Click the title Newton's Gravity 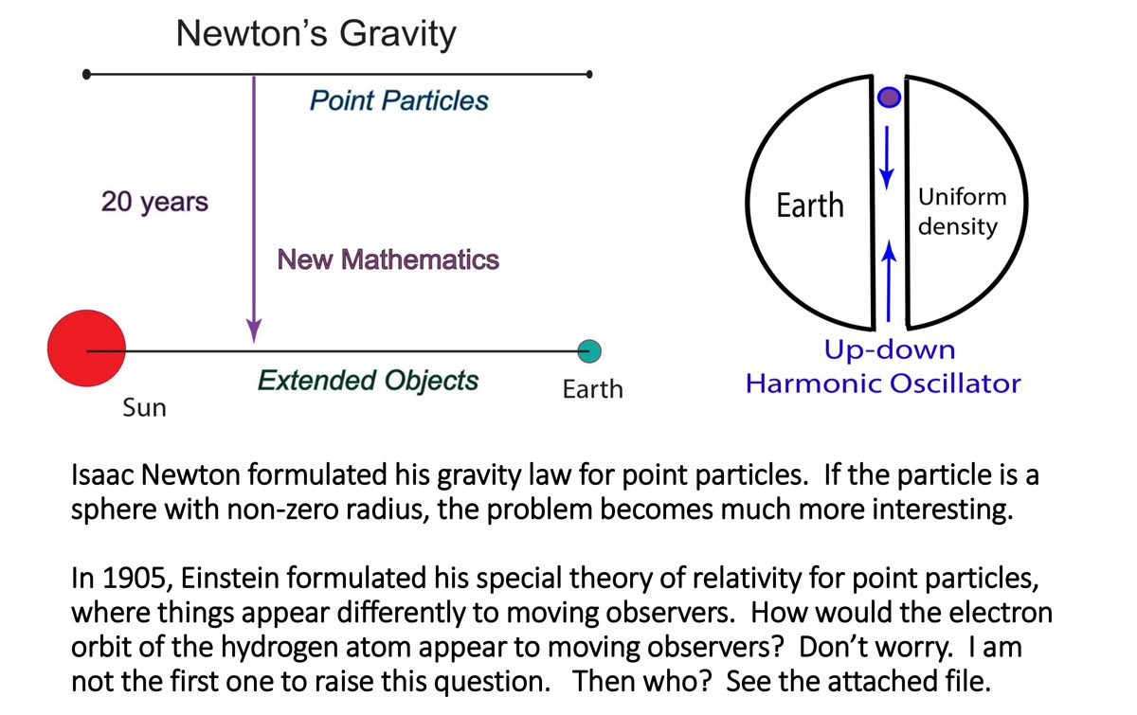316,34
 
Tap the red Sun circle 86,349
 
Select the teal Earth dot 589,351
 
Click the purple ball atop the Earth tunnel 889,97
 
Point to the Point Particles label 399,100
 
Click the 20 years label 154,202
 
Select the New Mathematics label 388,259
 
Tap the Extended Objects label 368,381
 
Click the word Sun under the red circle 145,407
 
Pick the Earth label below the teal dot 593,389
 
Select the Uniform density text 962,211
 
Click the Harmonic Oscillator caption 883,384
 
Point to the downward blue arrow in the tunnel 887,158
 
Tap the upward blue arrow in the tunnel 889,280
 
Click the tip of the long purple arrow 254,343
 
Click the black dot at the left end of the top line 86,75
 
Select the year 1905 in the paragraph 135,578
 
